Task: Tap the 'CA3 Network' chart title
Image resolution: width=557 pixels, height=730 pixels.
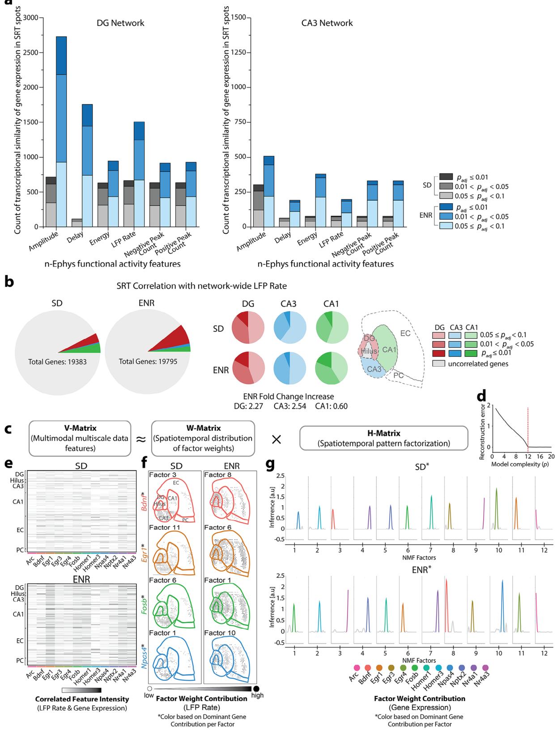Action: click(327, 23)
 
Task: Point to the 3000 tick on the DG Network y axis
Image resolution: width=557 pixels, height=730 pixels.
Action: click(35, 17)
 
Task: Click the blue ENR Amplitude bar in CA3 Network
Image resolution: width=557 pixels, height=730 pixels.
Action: click(269, 193)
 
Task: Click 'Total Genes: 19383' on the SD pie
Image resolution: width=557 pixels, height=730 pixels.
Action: click(57, 361)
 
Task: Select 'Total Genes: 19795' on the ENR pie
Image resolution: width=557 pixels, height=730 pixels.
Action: click(148, 361)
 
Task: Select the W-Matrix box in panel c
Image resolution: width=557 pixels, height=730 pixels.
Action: click(203, 438)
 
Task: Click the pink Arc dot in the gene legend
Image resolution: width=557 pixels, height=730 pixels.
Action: click(357, 668)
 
